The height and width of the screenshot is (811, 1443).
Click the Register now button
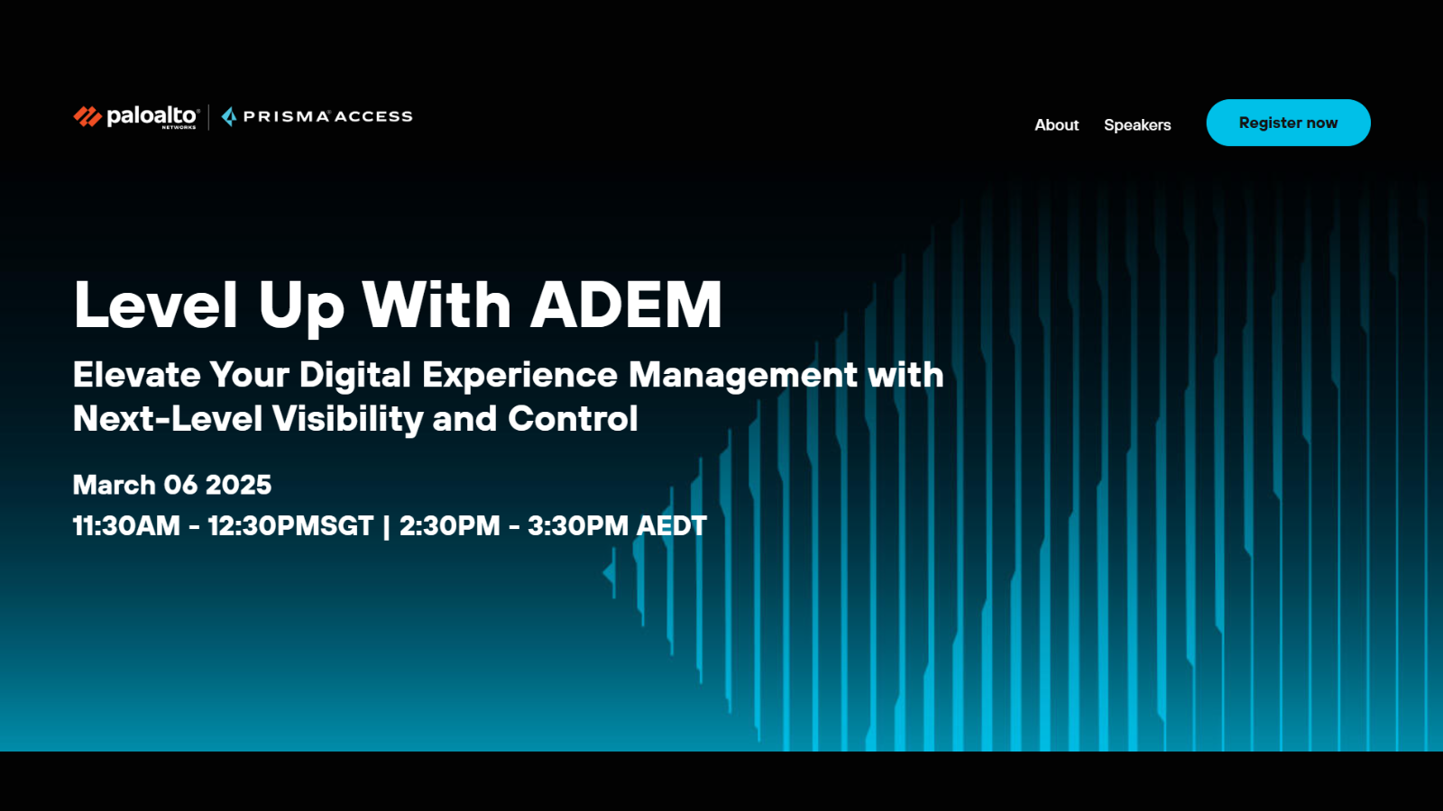click(x=1288, y=123)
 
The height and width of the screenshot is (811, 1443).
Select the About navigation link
click(x=1056, y=125)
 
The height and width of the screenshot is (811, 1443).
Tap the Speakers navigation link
click(x=1137, y=125)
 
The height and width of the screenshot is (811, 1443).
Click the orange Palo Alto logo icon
click(x=87, y=116)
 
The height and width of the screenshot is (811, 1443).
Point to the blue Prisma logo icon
click(x=229, y=116)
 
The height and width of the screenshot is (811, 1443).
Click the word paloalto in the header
click(x=152, y=116)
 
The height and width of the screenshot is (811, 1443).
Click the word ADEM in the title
click(x=626, y=305)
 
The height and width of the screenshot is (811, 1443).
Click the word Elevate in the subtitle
click(x=136, y=374)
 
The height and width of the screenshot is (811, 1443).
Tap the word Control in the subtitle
click(x=573, y=418)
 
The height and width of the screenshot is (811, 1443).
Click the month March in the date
click(x=114, y=485)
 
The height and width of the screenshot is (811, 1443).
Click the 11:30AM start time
click(x=126, y=526)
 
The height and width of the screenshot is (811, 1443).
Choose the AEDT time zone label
click(x=671, y=526)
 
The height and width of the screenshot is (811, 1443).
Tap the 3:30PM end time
click(x=578, y=526)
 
